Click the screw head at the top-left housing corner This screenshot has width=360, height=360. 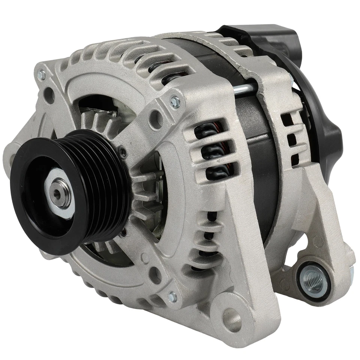click(41, 75)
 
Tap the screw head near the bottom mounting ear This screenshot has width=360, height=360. click(172, 297)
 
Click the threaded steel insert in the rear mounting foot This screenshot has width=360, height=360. click(312, 279)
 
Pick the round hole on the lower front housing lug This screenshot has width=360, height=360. click(155, 276)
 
